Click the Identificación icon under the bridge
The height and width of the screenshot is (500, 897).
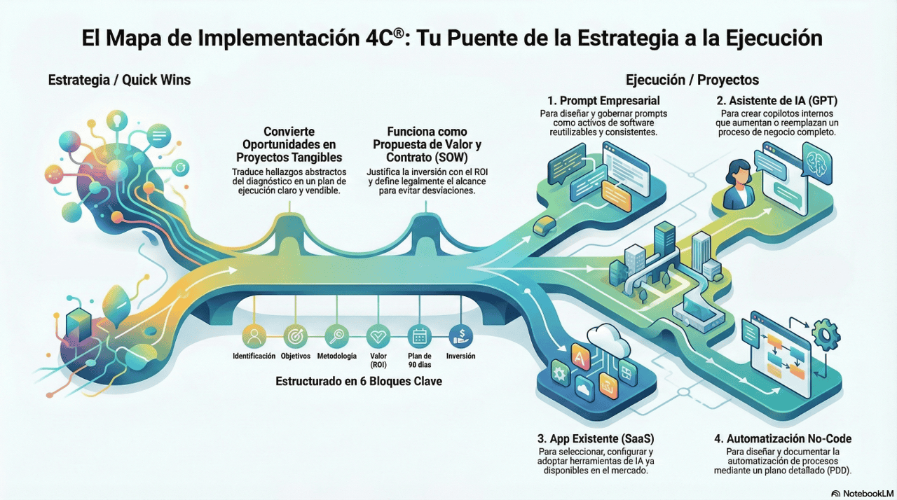coord(254,336)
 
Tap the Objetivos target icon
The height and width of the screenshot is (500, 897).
coord(295,336)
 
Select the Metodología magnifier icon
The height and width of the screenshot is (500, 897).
coord(337,336)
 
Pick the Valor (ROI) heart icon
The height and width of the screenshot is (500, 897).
coord(378,336)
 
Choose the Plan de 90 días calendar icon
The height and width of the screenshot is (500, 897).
coord(420,336)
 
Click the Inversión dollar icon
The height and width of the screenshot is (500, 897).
coord(460,336)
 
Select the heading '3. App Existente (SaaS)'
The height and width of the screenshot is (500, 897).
coord(596,439)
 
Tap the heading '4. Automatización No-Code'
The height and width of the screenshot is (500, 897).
coord(783,439)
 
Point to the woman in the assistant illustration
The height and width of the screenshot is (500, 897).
coord(739,183)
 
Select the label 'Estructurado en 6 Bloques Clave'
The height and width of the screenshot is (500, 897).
coord(358,382)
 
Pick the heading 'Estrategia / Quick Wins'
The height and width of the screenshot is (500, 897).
coord(119,81)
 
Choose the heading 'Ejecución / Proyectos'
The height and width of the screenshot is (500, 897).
coord(692,81)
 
